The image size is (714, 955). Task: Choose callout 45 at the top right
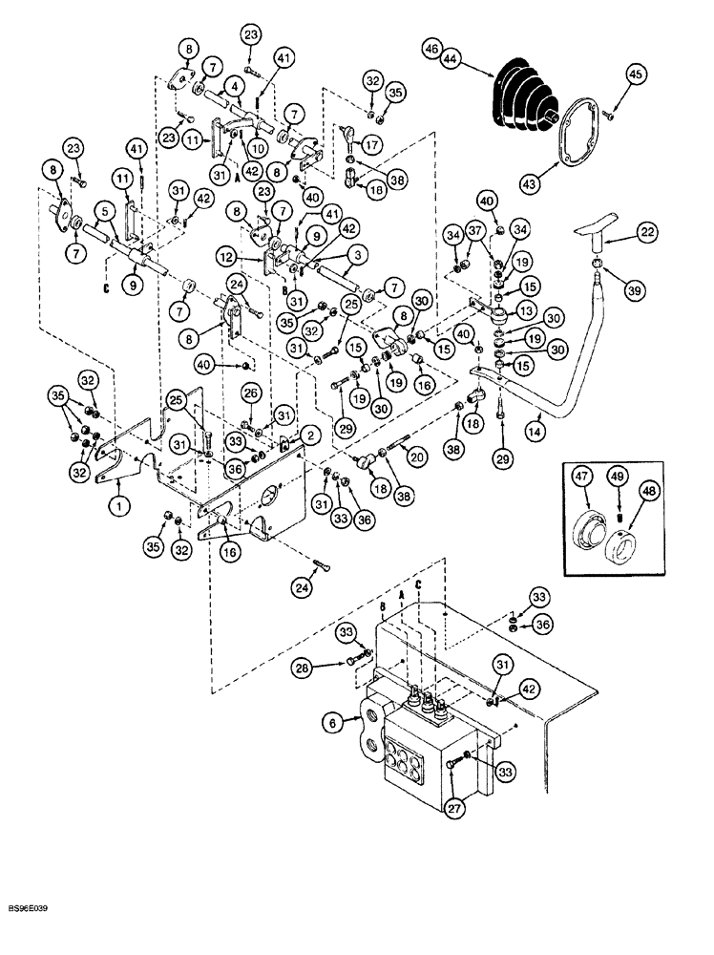click(x=633, y=73)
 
